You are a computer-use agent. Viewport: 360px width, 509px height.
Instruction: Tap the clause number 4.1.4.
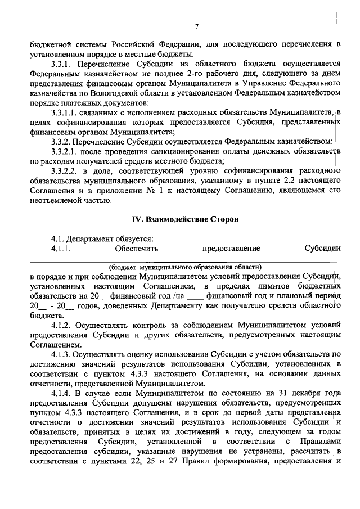pos(60,391)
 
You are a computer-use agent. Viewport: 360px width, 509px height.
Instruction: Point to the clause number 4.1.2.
pos(60,325)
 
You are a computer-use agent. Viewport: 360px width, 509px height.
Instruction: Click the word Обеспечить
pos(136,248)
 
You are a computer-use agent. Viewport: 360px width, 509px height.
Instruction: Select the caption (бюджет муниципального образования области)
pos(185,266)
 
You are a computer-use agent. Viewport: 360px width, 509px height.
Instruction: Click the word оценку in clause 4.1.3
pos(133,353)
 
